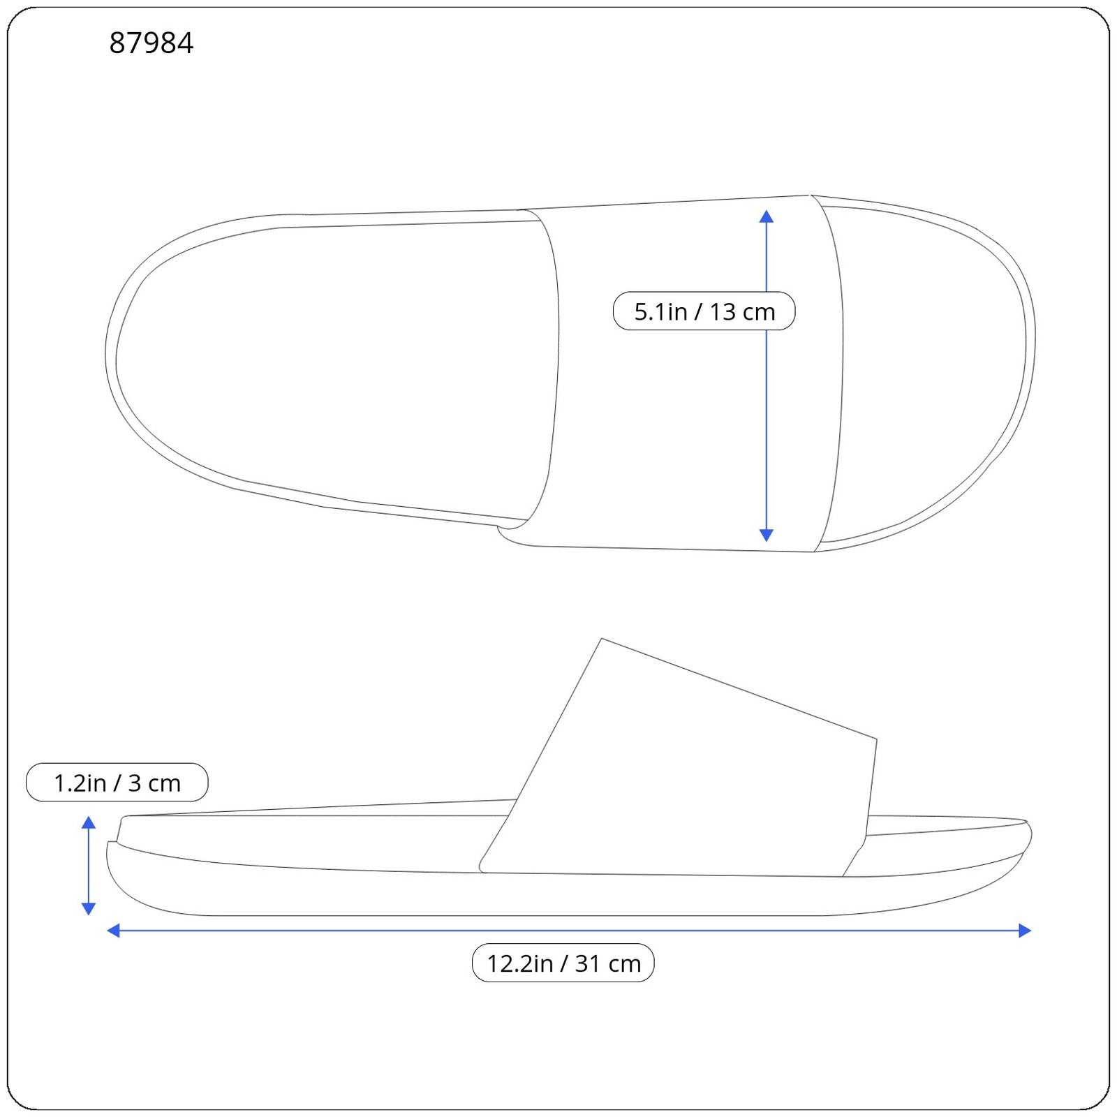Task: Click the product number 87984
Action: (x=151, y=43)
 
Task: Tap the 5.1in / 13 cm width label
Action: (x=704, y=311)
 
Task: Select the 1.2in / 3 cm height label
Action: (x=117, y=783)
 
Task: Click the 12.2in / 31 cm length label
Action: (x=563, y=963)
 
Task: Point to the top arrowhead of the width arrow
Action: (x=766, y=216)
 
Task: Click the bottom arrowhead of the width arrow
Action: (x=766, y=535)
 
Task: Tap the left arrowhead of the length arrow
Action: (x=113, y=930)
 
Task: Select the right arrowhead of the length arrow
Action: (x=1025, y=930)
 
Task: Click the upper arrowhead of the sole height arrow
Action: (x=89, y=822)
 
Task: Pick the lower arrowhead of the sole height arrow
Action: (x=89, y=908)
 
